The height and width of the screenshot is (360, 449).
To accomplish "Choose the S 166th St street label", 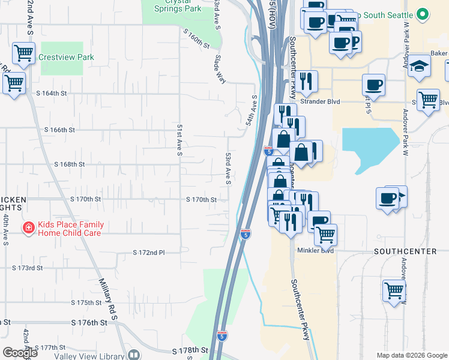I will click(59, 130).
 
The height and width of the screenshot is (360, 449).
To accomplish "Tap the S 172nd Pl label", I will click(149, 253).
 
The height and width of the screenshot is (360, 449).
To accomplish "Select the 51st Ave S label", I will click(179, 140).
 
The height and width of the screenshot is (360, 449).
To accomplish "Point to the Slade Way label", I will click(220, 69).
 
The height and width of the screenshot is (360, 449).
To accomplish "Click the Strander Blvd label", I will click(320, 102).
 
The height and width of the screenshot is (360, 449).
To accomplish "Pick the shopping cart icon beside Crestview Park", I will click(23, 53).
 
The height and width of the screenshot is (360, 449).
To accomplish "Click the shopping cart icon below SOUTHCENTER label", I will click(394, 291).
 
